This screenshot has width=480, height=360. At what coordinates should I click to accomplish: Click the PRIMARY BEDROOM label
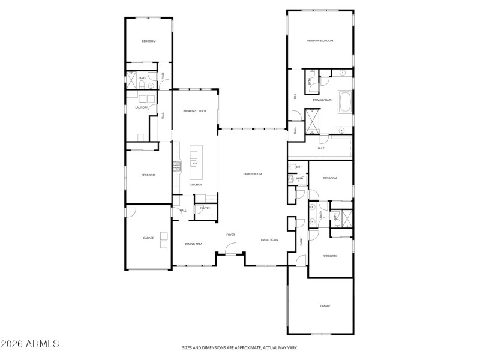pos(320,41)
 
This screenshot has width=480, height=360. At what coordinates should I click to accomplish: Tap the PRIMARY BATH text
pos(322,100)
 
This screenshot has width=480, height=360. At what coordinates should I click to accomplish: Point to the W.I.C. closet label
pos(321,148)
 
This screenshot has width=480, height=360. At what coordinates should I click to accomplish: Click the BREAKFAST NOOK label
pos(195,111)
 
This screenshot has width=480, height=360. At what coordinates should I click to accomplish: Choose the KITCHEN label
pos(196,185)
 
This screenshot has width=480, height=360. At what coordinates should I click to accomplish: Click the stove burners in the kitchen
pos(177,166)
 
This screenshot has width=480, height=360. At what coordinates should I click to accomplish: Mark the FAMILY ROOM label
pos(253,174)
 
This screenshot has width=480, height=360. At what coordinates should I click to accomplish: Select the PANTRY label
pos(205,208)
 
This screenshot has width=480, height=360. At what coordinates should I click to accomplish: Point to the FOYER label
pos(230,235)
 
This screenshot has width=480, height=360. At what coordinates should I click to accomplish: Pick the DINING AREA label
pos(193,244)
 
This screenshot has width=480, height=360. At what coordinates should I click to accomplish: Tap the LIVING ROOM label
pos(269,240)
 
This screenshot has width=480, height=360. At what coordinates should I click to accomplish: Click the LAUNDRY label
pos(141,108)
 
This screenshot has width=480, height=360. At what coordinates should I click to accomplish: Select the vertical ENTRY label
pos(301,241)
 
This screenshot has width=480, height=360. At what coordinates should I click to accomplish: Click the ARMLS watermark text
pos(30,344)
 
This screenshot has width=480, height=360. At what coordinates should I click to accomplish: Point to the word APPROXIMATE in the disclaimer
pos(238,347)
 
